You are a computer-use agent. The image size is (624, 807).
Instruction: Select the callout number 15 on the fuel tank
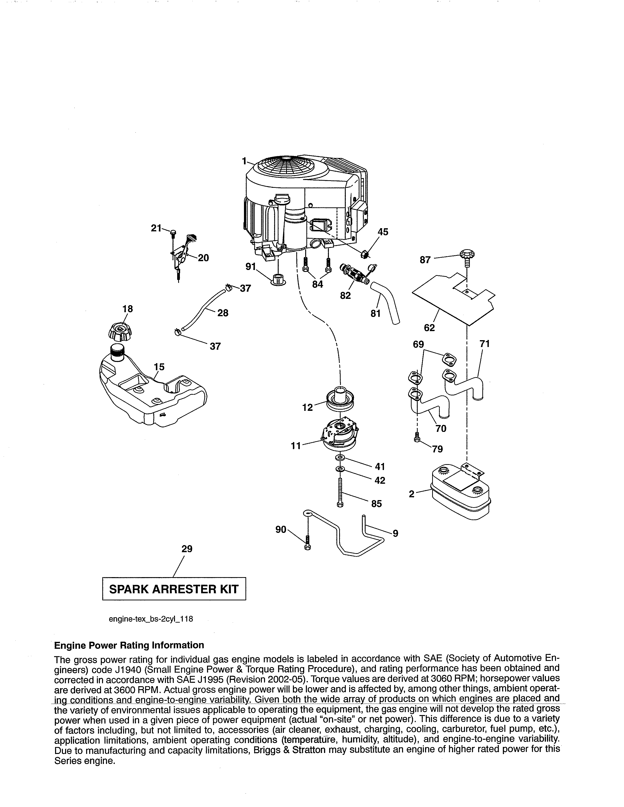[159, 367]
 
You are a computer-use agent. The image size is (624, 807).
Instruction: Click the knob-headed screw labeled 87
[467, 256]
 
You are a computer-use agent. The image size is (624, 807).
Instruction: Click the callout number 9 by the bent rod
[395, 533]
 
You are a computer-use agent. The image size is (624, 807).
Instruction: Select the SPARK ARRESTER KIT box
[174, 589]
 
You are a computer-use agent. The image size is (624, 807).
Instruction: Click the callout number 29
[187, 549]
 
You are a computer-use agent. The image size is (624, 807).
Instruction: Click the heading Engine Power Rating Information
[129, 645]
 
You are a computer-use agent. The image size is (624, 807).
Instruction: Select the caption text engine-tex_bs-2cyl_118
[151, 619]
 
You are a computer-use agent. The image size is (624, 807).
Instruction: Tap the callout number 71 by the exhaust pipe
[484, 344]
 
